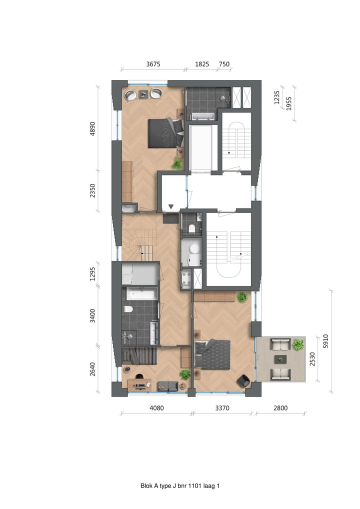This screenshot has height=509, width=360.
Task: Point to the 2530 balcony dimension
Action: [313, 359]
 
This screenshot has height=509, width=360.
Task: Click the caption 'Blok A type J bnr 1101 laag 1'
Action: [180, 485]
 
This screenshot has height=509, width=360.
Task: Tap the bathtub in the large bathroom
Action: [140, 294]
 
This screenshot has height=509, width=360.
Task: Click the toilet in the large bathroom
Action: [128, 309]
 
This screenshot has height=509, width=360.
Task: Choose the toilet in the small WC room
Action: [191, 228]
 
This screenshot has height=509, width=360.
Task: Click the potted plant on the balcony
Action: [298, 344]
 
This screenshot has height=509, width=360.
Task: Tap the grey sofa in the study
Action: [166, 386]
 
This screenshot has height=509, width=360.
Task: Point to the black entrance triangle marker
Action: [171, 206]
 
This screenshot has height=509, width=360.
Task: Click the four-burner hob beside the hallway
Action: [187, 278]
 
